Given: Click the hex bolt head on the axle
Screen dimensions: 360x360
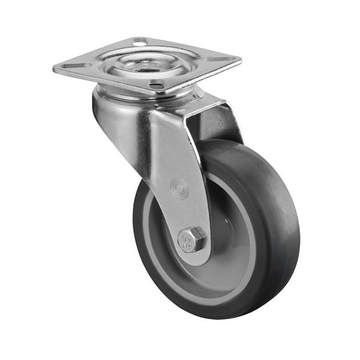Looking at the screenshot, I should pyautogui.click(x=192, y=239).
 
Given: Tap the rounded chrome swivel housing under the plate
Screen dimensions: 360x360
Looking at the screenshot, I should pyautogui.click(x=114, y=108).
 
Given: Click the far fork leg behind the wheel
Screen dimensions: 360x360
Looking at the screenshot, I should pyautogui.click(x=222, y=123).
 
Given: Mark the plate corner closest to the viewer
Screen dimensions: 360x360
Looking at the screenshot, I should pyautogui.click(x=157, y=93).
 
